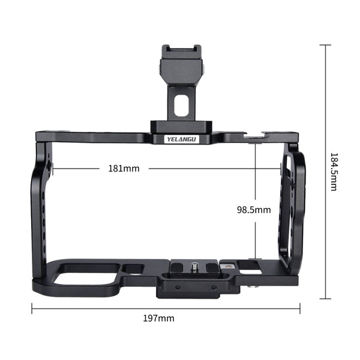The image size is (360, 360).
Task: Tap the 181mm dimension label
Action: pos(124,169)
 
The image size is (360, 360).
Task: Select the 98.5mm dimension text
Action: pos(254,210)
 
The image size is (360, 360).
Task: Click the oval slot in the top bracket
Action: pos(179,106)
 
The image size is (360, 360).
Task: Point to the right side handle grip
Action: pos(292,207)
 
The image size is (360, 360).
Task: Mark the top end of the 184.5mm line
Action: pos(326,45)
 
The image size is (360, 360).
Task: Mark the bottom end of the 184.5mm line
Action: pos(326,298)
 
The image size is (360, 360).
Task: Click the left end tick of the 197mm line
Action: pos(32,309)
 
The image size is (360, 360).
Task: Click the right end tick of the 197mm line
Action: pos(299,309)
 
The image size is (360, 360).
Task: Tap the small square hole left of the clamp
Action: pos(136,269)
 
